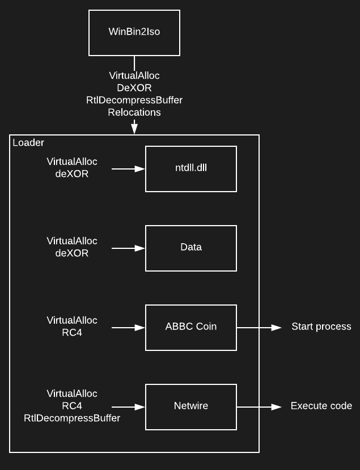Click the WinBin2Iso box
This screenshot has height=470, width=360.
134,32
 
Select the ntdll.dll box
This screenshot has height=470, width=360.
191,169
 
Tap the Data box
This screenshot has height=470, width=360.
191,248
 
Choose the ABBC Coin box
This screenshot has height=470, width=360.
191,327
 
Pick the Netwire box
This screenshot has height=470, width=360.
191,407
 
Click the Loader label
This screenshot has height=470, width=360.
28,143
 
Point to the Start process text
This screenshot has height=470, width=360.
321,327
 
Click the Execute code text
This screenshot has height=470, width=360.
321,406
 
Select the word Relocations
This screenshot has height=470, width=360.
134,112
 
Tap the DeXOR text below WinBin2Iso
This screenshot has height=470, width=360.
134,88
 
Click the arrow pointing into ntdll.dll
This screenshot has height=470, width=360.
129,169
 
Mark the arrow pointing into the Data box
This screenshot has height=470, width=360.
129,248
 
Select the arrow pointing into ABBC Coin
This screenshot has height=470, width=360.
129,327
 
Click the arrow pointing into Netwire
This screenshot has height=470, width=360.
129,407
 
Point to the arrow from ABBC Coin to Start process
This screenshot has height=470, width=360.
259,327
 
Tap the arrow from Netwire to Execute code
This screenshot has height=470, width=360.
259,407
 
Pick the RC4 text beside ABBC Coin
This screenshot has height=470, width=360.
72,333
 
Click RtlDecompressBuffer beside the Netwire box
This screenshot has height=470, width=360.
72,418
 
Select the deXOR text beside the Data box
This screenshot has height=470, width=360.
72,253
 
